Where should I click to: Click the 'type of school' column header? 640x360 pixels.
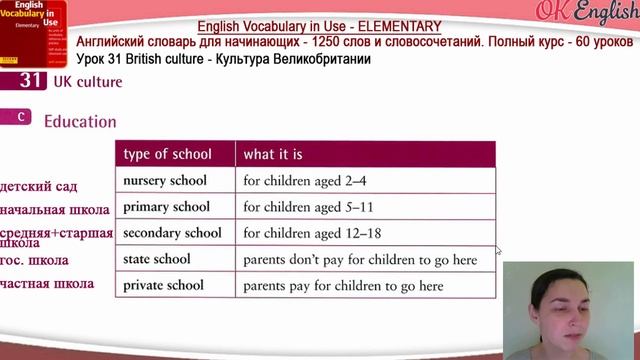(167, 154)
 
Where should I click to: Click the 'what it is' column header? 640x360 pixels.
(273, 154)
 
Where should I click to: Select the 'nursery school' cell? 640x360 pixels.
(164, 181)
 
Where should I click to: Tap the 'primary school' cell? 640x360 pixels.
(166, 207)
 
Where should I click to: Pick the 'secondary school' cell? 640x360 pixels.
(171, 233)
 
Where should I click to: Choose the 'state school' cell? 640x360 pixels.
(158, 259)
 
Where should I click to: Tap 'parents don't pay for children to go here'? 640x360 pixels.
(360, 259)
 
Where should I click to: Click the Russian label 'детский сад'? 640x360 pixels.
(39, 187)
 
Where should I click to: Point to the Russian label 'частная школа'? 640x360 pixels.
(47, 283)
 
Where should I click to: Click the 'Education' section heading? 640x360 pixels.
(80, 121)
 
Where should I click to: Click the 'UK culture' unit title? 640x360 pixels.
(87, 82)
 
